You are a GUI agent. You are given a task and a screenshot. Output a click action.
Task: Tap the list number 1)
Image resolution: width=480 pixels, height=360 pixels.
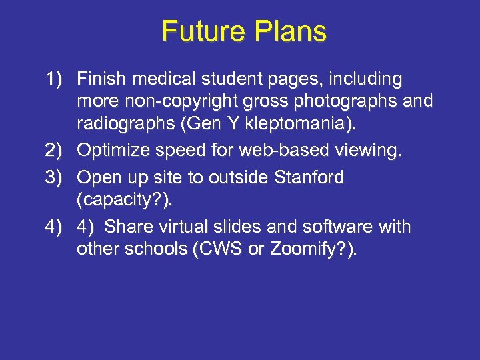pos(58,79)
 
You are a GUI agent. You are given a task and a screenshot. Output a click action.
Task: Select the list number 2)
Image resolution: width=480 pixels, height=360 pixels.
pos(58,151)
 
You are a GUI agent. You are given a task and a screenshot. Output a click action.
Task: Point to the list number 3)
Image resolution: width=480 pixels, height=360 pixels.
pos(58,177)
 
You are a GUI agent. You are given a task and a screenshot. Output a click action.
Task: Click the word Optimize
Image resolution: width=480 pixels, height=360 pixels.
pos(114,151)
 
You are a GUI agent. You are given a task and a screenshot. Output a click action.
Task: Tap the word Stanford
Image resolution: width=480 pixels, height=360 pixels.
pos(309,177)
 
